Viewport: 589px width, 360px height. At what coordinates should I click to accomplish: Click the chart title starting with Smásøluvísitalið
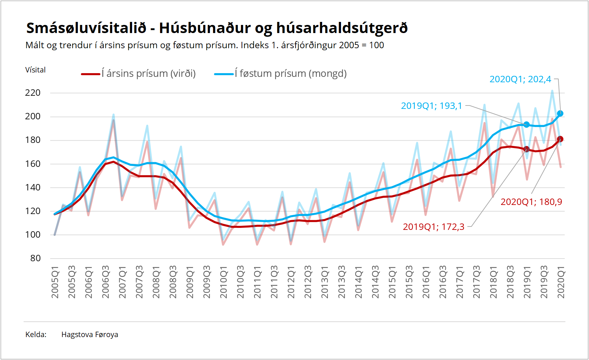[x=217, y=28]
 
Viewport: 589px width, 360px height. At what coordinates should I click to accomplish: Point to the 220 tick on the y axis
[x=33, y=93]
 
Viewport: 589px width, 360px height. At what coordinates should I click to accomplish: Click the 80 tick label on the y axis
[x=35, y=259]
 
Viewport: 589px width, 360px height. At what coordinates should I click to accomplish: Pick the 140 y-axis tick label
[x=33, y=187]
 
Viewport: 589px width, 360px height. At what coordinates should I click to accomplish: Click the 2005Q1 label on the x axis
[x=55, y=282]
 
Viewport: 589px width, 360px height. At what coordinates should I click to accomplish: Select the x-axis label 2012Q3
[x=308, y=282]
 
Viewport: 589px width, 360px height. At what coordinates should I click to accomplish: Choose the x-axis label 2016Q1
[x=426, y=282]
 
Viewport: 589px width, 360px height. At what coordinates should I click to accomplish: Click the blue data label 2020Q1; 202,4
[x=520, y=79]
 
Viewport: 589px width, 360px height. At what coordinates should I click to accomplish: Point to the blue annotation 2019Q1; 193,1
[x=431, y=106]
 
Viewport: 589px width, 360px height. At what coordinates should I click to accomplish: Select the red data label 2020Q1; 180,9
[x=531, y=202]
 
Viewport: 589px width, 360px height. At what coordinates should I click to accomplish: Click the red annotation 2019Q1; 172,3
[x=433, y=227]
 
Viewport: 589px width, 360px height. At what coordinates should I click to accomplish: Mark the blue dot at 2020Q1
[x=560, y=114]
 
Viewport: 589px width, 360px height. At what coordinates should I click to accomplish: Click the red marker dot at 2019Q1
[x=527, y=149]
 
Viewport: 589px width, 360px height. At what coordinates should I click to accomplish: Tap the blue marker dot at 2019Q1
[x=527, y=124]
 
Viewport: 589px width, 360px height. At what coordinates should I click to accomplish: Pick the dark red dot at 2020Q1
[x=560, y=139]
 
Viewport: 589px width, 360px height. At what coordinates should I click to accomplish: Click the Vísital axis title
[x=35, y=70]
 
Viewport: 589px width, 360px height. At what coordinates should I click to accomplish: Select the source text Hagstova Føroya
[x=90, y=335]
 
